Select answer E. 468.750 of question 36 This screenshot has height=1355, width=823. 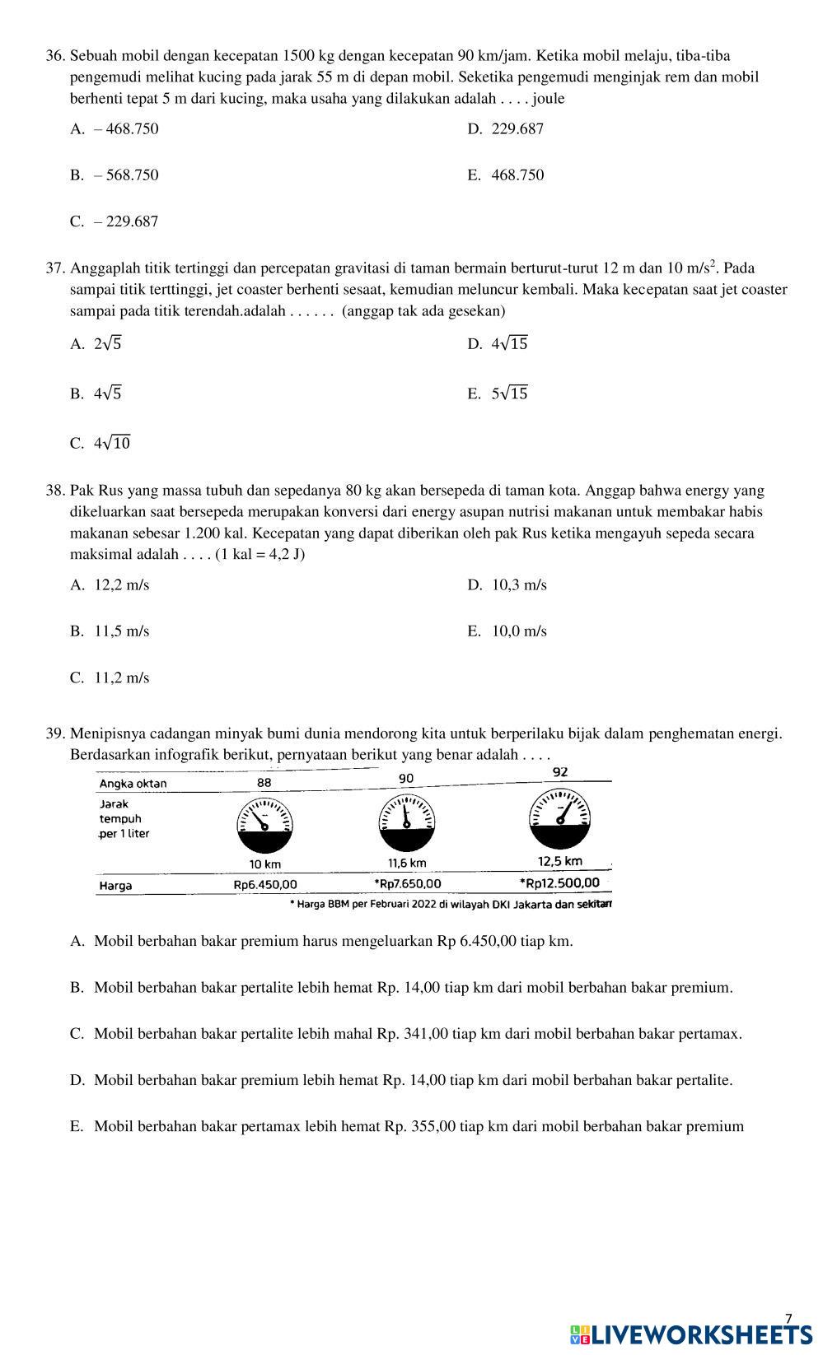point(517,175)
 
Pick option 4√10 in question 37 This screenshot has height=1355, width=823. point(112,443)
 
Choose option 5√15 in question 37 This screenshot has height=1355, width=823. point(509,393)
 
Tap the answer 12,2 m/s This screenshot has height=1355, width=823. point(121,585)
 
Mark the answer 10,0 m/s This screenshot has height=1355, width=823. point(519,631)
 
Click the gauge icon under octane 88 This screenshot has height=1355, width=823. point(265,826)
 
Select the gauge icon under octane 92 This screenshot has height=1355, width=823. point(559,818)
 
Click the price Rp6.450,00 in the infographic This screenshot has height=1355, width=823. point(265,885)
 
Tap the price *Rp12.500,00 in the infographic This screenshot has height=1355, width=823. point(559,883)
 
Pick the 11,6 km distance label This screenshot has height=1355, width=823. point(407,863)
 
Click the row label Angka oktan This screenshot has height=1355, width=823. point(133,784)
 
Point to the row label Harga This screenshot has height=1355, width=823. point(115,886)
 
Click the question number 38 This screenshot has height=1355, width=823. point(55,491)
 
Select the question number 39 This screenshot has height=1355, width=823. point(55,733)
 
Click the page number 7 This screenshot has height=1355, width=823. point(788,1318)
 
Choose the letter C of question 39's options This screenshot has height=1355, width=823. point(77,1034)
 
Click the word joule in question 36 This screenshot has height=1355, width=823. point(549,99)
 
